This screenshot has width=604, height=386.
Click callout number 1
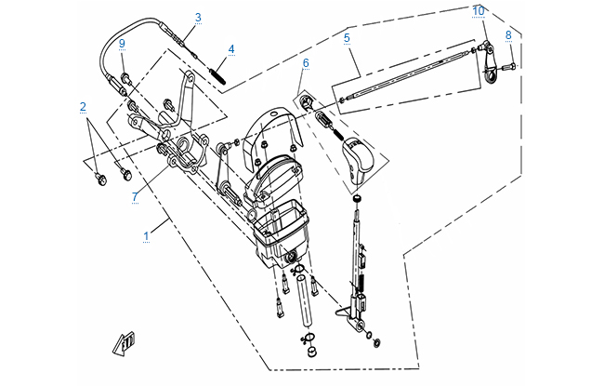coord(146,237)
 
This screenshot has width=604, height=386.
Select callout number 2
coord(83,107)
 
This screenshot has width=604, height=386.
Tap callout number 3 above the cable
coord(198,18)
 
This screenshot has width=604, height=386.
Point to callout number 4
coord(231,48)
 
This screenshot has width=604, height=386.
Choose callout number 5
coord(346,38)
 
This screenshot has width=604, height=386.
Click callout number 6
coord(304,63)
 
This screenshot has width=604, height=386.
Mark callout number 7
coord(135,196)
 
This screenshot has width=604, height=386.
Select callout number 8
coord(508,35)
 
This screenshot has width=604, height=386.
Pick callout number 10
coord(478,11)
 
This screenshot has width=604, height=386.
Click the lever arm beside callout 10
coord(487,69)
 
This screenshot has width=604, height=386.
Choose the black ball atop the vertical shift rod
coord(358,199)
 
